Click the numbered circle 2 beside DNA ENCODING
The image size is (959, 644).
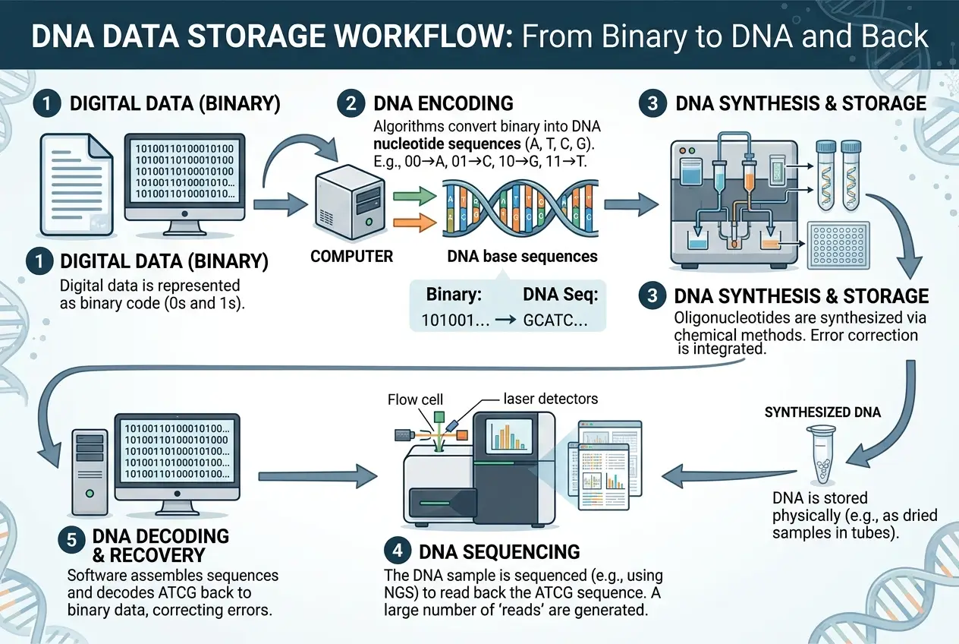tap(351, 103)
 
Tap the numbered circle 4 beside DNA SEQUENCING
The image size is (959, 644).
tap(401, 551)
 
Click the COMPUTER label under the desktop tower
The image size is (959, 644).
tap(352, 256)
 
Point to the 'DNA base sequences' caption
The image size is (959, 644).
tap(522, 256)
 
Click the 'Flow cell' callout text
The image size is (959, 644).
tap(415, 399)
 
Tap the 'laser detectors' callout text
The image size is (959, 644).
tap(550, 399)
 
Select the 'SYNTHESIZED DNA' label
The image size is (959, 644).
tap(822, 412)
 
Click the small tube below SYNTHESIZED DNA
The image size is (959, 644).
tap(822, 454)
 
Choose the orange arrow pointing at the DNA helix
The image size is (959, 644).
tap(413, 223)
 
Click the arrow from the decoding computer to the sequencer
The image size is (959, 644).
tap(317, 477)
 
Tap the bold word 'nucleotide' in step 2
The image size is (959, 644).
tap(409, 142)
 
